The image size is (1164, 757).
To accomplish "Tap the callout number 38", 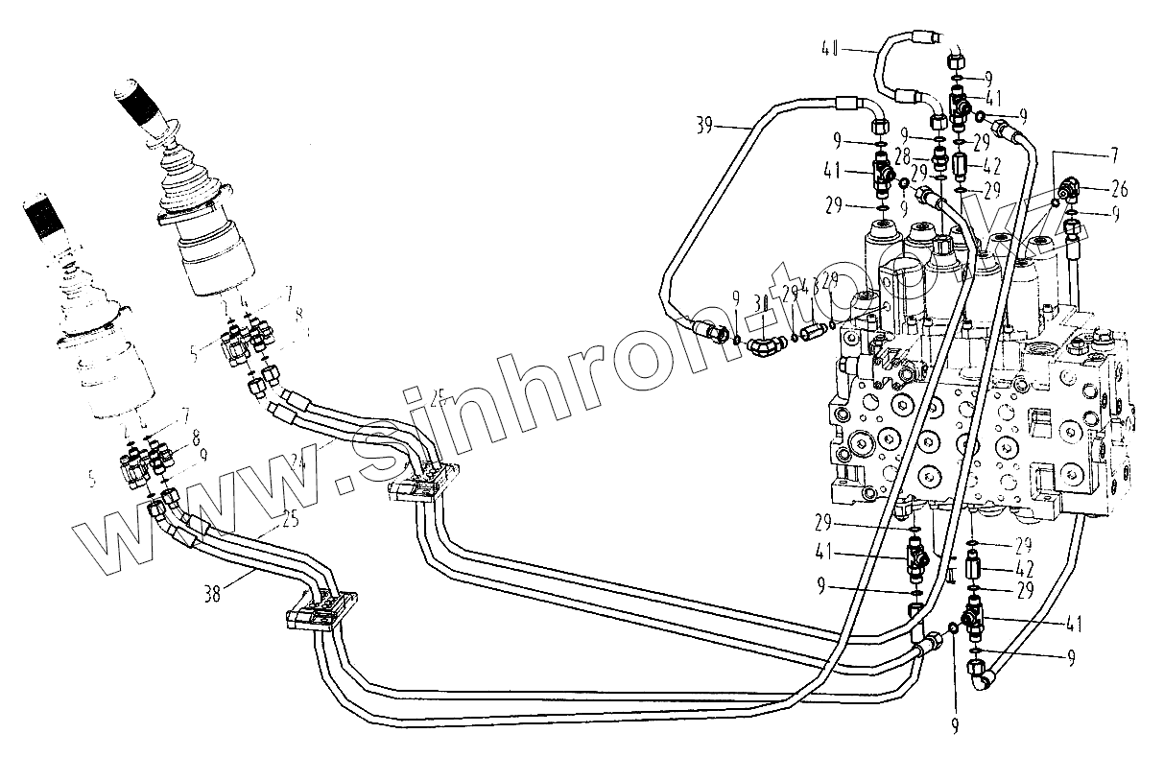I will [213, 592].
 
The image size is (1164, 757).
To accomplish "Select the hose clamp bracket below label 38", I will [320, 610].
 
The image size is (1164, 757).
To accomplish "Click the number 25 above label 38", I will [290, 523].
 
